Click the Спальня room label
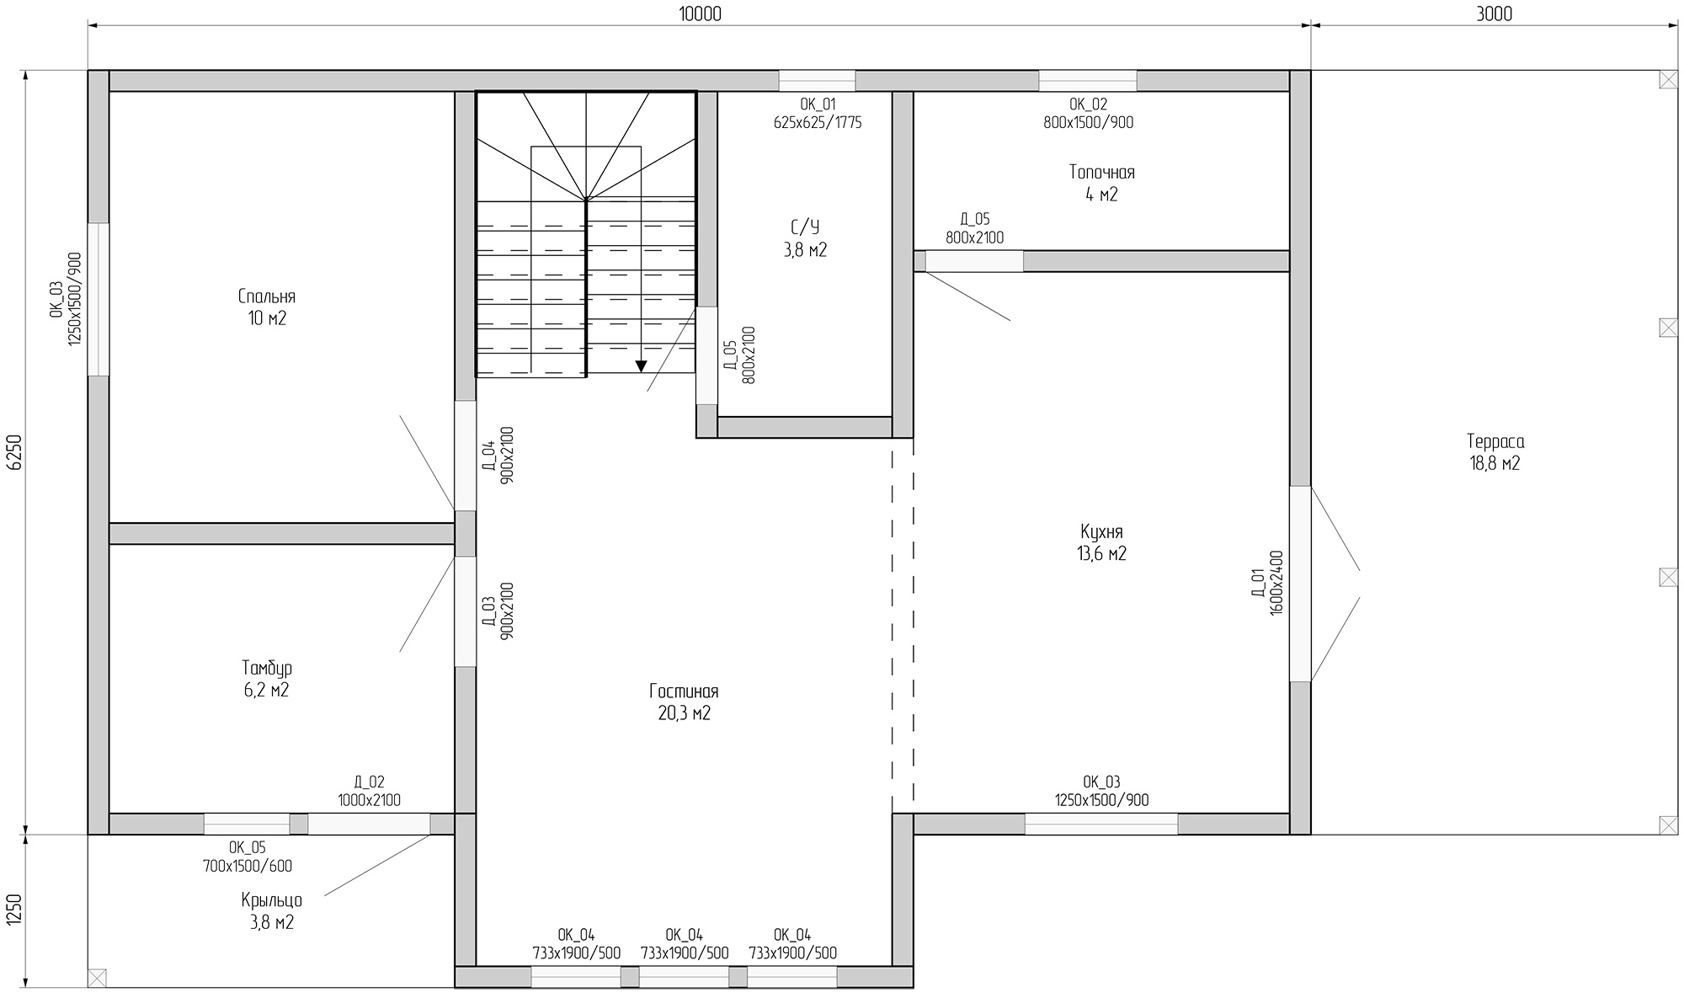tap(267, 297)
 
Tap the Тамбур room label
tap(267, 669)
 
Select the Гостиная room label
tap(684, 691)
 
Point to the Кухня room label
tap(1101, 532)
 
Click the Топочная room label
tap(1101, 173)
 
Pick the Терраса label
tap(1495, 441)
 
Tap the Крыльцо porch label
tap(271, 900)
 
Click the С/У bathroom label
tap(805, 227)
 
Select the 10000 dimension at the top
tap(700, 13)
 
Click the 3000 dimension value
tap(1495, 13)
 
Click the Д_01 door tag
tap(1257, 583)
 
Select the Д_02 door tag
tap(369, 782)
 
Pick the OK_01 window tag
tap(818, 104)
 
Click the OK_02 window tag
tap(1088, 104)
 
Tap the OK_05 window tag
tap(247, 847)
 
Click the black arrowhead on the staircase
tap(641, 366)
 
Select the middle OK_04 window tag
tap(684, 935)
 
